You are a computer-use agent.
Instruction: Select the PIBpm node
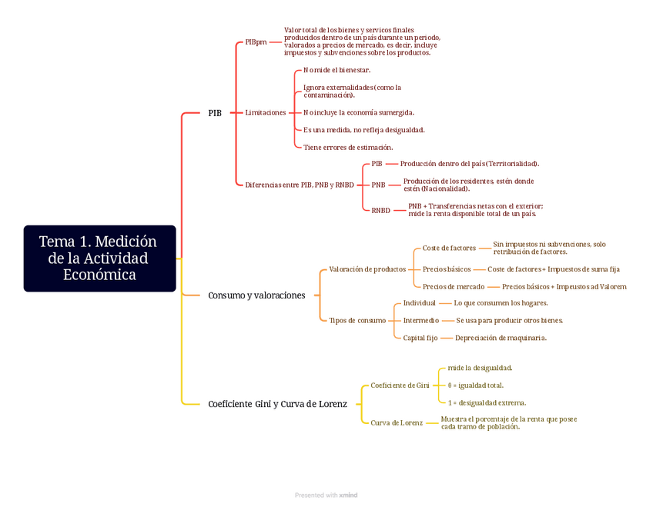coord(256,42)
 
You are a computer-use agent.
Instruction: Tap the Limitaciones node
coord(265,112)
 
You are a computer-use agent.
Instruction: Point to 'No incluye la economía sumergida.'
coord(359,112)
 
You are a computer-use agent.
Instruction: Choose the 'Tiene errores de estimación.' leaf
coord(348,147)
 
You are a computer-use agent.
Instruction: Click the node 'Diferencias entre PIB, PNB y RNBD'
coord(300,185)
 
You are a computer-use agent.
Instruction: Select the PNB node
coord(378,185)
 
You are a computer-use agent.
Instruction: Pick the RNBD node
coord(380,210)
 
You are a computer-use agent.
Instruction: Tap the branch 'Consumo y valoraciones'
coord(256,295)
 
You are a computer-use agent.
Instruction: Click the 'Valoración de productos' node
coord(367,269)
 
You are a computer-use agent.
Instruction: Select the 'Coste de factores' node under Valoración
coord(449,248)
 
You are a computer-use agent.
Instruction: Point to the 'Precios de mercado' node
coord(454,286)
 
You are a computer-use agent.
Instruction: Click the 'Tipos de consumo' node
coord(357,320)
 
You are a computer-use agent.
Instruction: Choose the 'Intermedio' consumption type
coord(421,320)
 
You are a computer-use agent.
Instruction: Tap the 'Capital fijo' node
coord(420,338)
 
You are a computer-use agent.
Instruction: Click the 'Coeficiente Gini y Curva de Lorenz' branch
coord(277,404)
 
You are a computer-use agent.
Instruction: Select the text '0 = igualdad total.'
coord(476,385)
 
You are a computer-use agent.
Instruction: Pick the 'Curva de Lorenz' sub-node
coord(397,422)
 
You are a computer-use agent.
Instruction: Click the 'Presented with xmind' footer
coord(326,495)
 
